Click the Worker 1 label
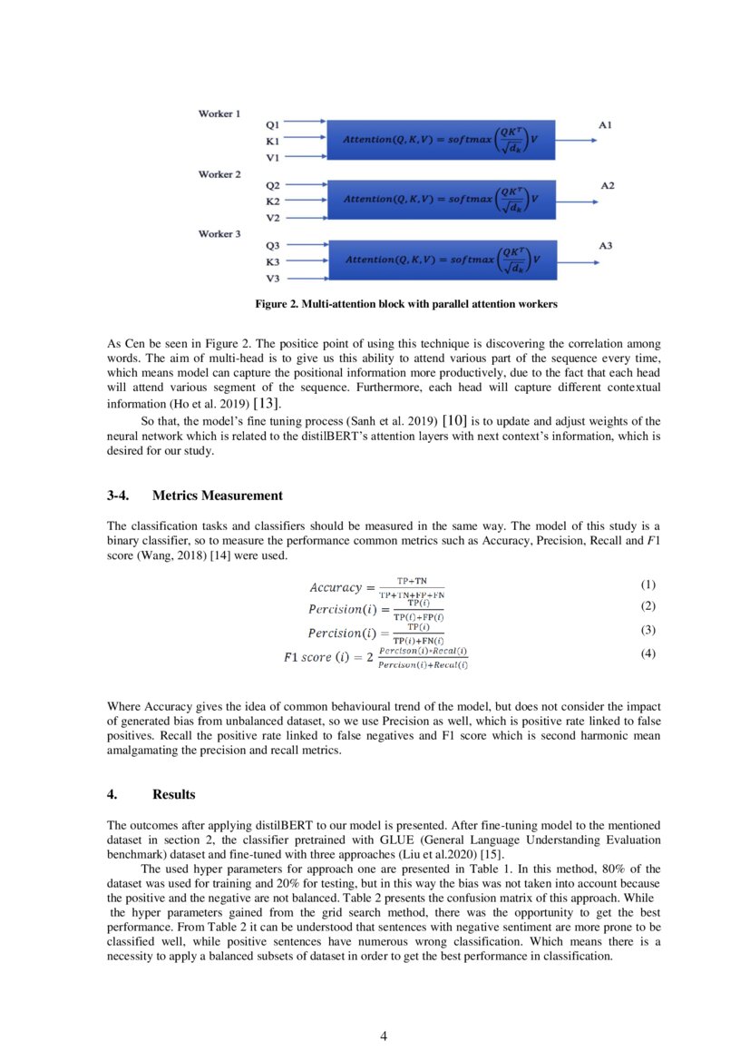click(x=219, y=114)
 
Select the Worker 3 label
click(x=219, y=234)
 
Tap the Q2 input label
click(x=272, y=184)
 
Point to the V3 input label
click(x=272, y=279)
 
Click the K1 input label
click(x=272, y=142)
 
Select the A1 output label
click(x=605, y=124)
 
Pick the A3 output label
click(x=605, y=246)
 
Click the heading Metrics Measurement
click(x=218, y=496)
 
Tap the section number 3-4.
click(x=119, y=496)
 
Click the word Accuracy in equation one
click(x=336, y=587)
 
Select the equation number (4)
click(x=647, y=653)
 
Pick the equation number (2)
click(x=647, y=605)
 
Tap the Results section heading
click(x=173, y=795)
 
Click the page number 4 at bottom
click(x=383, y=1037)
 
